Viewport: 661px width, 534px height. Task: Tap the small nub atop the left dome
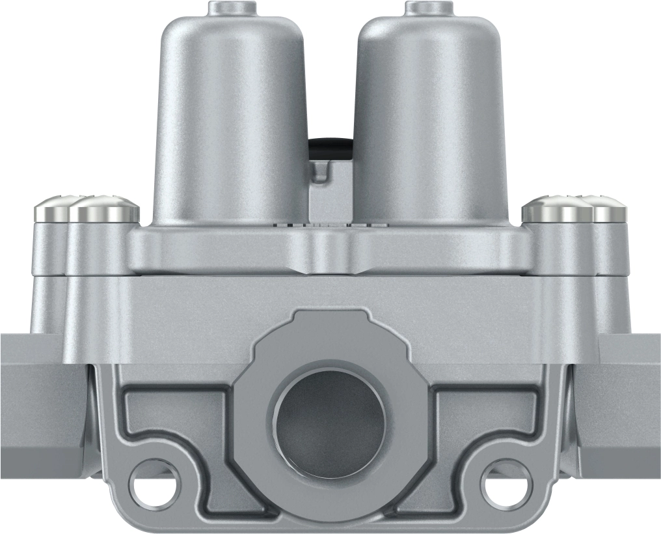(x=230, y=8)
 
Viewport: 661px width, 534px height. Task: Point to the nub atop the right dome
(x=425, y=8)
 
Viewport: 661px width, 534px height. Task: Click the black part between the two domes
(x=331, y=148)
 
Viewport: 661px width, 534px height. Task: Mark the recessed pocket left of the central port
(x=176, y=417)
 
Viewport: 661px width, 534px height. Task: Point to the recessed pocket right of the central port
(x=485, y=417)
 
